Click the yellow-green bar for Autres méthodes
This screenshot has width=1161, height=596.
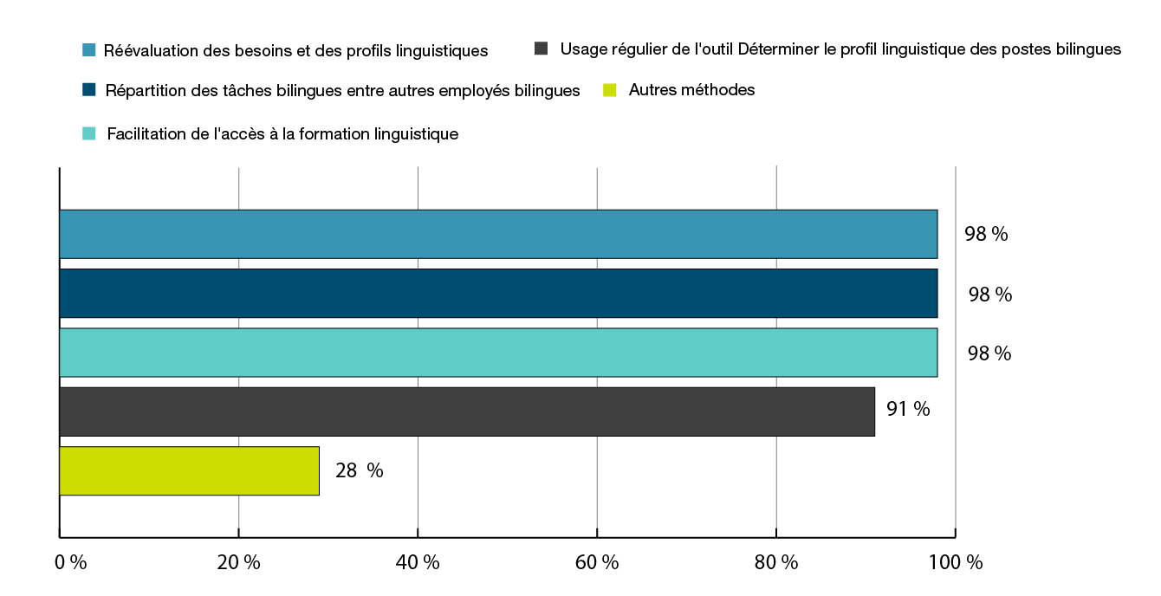pos(189,471)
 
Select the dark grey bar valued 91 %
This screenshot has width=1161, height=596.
pos(467,411)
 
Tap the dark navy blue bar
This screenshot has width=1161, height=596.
pos(498,294)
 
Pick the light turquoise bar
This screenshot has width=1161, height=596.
pos(498,353)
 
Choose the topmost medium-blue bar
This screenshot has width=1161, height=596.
pos(498,234)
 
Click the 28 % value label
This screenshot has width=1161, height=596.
pos(359,470)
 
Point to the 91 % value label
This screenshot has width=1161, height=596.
pos(907,409)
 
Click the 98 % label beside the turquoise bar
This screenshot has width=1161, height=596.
pos(989,353)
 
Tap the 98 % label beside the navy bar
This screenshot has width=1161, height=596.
pos(989,295)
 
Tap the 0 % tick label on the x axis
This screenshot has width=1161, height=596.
pos(71,562)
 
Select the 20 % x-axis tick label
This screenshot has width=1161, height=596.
pos(239,562)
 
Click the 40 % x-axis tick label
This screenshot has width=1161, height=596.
pos(418,562)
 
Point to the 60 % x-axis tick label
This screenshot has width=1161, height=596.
pos(597,562)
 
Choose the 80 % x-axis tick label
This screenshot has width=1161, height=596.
pos(776,562)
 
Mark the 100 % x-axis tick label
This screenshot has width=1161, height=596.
pos(957,562)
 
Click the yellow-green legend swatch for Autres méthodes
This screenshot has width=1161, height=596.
pos(610,90)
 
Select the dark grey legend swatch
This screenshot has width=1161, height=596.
pos(542,49)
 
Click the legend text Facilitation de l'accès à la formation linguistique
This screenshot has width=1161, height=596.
pos(282,134)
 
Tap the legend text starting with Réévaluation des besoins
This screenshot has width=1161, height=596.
pos(295,50)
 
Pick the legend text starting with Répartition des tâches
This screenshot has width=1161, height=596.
pos(342,91)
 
